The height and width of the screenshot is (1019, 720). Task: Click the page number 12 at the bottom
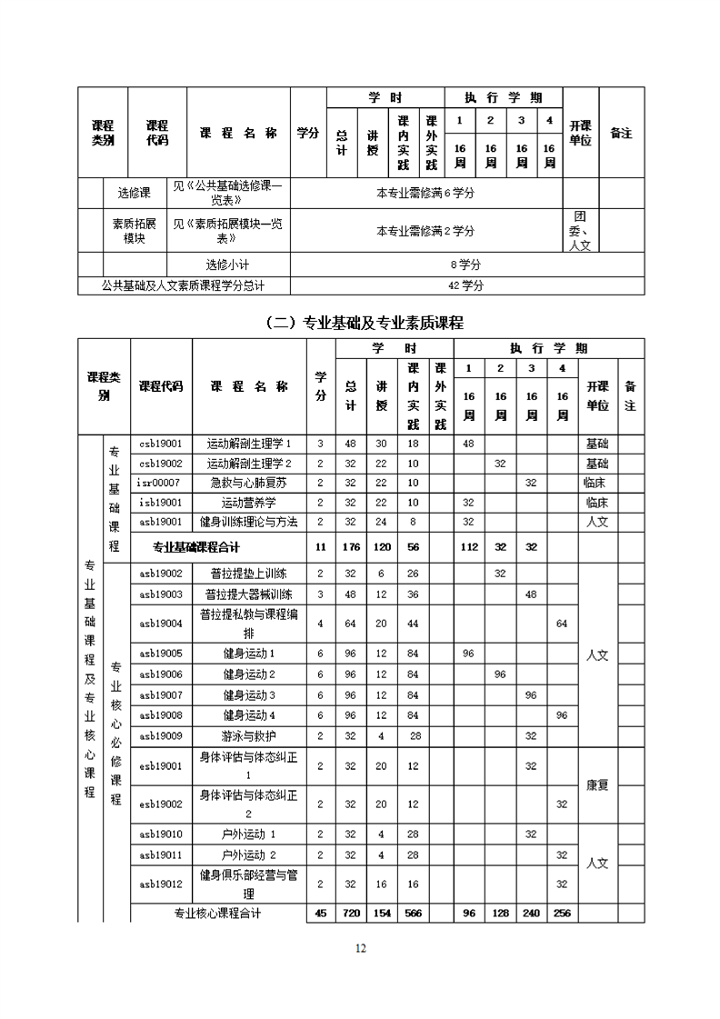click(360, 948)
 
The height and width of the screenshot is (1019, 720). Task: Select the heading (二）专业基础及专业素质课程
click(361, 322)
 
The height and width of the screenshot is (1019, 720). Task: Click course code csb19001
click(161, 444)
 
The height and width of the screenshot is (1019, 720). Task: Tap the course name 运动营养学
click(249, 502)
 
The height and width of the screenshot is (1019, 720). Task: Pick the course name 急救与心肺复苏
click(249, 483)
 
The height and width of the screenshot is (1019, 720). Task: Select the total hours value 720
click(351, 913)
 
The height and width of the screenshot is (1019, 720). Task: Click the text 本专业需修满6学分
click(426, 193)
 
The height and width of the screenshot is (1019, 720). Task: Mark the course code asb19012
click(161, 883)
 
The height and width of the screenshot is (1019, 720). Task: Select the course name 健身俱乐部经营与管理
click(249, 883)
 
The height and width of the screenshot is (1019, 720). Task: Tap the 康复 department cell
click(597, 784)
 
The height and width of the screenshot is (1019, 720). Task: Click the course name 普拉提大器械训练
click(249, 594)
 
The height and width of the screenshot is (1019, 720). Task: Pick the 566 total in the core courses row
click(413, 913)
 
